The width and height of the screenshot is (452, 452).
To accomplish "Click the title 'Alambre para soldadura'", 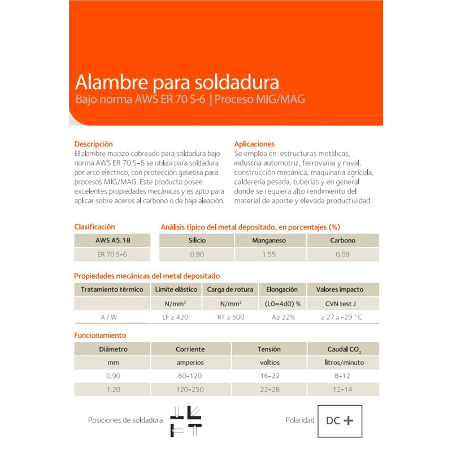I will [x=177, y=82].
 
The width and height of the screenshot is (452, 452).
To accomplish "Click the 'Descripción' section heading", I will [x=94, y=144].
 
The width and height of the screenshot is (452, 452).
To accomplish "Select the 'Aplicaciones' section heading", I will [x=254, y=144].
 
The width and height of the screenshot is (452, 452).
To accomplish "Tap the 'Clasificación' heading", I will [x=94, y=227].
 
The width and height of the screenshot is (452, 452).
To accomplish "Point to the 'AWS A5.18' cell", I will [x=112, y=240].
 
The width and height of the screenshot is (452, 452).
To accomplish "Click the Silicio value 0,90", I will [x=197, y=254].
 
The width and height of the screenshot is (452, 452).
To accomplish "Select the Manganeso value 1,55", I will [x=270, y=254].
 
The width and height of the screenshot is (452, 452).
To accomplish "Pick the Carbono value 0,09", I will [x=342, y=254].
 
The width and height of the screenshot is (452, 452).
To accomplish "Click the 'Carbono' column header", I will [x=342, y=240].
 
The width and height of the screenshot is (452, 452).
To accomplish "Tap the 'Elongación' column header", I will [x=282, y=289].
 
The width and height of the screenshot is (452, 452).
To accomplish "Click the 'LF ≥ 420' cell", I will [x=176, y=318].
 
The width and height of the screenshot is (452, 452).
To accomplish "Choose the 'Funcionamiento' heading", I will [x=100, y=335].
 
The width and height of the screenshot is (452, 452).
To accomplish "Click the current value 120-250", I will [x=190, y=390].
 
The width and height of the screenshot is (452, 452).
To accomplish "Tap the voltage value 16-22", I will [x=270, y=376].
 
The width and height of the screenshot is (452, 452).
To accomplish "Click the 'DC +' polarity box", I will [x=340, y=421].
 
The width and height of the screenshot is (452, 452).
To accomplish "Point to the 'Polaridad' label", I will [x=299, y=421].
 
